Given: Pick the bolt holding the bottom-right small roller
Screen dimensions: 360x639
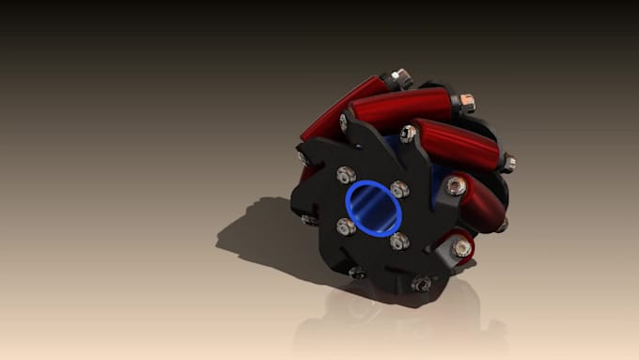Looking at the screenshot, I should [460, 247].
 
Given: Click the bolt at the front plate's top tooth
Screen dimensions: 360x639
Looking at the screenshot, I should [409, 132].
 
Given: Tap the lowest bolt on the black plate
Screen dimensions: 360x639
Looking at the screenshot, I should [422, 283].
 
